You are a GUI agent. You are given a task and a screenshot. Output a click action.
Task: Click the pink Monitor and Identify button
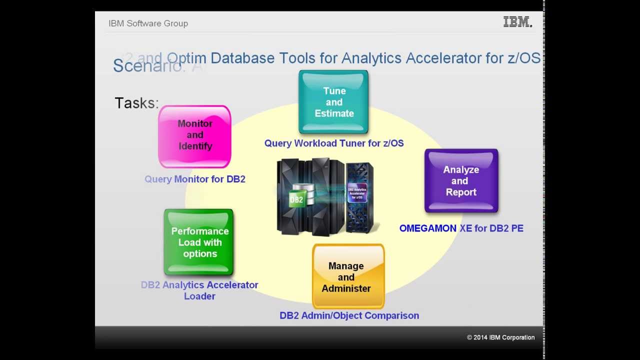[x=194, y=135]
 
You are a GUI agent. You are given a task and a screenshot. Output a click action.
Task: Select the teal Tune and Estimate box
[x=333, y=102]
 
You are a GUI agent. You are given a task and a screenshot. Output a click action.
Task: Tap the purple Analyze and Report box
[x=461, y=180]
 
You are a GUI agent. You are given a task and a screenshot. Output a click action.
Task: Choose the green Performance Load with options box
[x=199, y=242]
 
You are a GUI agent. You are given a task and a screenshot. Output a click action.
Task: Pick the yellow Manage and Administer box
[x=348, y=276]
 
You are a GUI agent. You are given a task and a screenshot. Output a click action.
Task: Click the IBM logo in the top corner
[x=517, y=22]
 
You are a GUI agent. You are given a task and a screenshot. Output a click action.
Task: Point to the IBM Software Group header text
[x=148, y=23]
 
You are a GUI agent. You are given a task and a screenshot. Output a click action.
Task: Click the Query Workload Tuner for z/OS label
[x=334, y=143]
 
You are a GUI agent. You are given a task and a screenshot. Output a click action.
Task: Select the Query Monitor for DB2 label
[x=195, y=179]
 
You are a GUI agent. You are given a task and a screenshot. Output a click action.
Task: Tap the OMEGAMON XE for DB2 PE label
[x=461, y=228]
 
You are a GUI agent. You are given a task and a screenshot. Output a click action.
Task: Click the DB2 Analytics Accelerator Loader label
[x=199, y=290]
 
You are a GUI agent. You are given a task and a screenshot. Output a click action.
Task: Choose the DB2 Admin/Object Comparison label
[x=349, y=315]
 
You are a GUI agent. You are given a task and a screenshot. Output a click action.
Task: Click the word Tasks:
[x=136, y=103]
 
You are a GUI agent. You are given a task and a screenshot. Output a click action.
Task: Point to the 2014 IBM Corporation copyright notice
[x=500, y=337]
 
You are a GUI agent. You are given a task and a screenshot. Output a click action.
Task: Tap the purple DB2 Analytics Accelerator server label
[x=357, y=193]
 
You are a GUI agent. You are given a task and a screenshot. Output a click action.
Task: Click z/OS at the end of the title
[x=524, y=58]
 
